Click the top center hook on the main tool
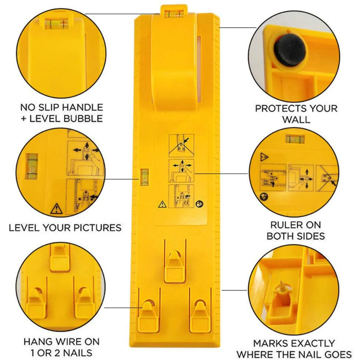[x=175, y=265]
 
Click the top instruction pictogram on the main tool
[x=181, y=146]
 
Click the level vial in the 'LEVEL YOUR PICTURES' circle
[x=32, y=166]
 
